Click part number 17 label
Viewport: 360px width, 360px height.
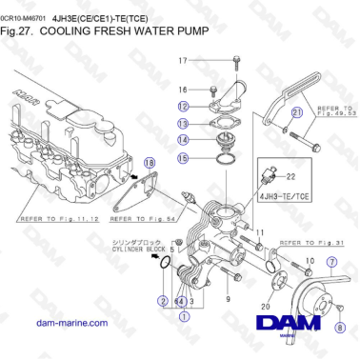(184, 61)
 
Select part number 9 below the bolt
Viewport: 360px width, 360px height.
(229, 299)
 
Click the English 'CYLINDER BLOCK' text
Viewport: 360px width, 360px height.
(139, 251)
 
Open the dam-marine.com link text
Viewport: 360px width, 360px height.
(70, 324)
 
